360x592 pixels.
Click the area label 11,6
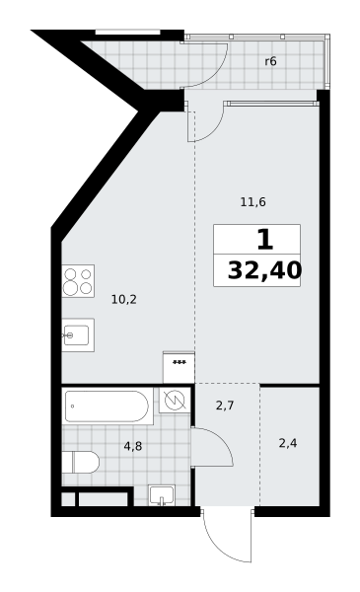(x=252, y=202)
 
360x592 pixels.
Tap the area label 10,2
(x=123, y=300)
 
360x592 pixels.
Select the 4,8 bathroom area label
(x=133, y=446)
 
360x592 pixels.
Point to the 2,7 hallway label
(x=225, y=406)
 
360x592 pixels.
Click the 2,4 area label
(x=288, y=443)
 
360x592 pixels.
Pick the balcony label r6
(x=270, y=61)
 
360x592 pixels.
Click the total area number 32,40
(x=264, y=270)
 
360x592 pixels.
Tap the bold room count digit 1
(x=265, y=240)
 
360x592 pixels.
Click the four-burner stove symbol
(x=78, y=281)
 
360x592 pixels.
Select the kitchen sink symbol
(x=78, y=334)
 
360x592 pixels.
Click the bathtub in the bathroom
(x=108, y=407)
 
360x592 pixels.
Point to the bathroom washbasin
(x=162, y=495)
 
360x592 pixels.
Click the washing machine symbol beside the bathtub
(x=175, y=401)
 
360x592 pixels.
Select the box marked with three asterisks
(x=179, y=367)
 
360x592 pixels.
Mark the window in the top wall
(x=128, y=33)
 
